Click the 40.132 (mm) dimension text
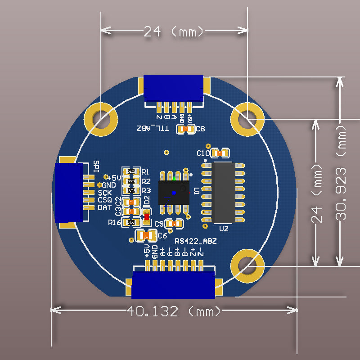[x=174, y=311]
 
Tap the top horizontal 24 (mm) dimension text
[x=173, y=31]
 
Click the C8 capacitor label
[x=201, y=129]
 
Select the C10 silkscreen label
[x=203, y=153]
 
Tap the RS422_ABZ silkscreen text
[x=196, y=241]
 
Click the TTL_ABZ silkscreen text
[x=153, y=129]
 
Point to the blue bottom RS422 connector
[x=173, y=284]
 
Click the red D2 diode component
[x=146, y=217]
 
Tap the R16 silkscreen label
[x=114, y=222]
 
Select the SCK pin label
[x=105, y=193]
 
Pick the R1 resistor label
[x=145, y=171]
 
